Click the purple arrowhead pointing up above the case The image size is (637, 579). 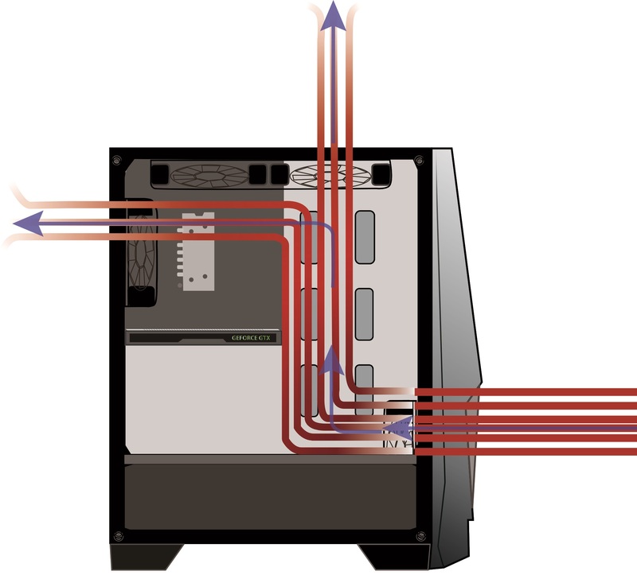click(334, 14)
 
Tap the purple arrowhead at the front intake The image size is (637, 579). click(398, 431)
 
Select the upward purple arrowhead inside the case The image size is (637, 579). click(332, 363)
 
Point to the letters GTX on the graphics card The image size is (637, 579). click(265, 337)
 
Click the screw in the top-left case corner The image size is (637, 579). click(118, 160)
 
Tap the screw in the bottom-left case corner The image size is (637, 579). click(118, 534)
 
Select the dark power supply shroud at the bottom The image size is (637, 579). click(271, 497)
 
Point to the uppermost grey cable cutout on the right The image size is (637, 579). click(364, 236)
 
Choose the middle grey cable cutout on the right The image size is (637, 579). click(364, 313)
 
